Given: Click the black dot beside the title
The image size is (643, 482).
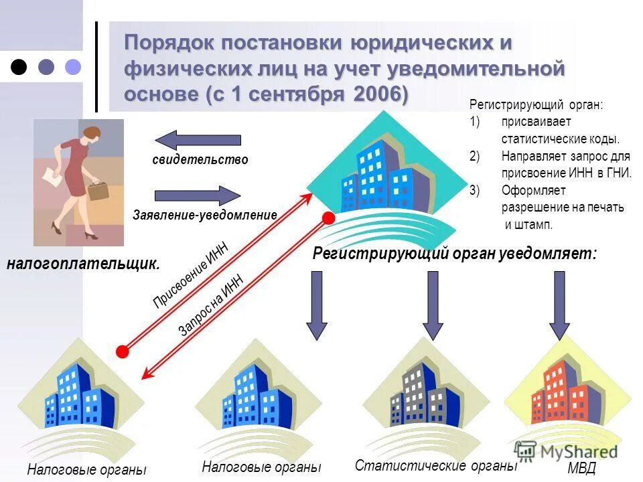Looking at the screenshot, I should (20, 66).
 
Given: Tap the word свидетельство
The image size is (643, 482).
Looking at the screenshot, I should (200, 160).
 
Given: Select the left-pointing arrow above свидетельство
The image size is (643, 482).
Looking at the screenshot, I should (198, 140).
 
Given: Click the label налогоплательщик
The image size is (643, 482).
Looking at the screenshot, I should (84, 264).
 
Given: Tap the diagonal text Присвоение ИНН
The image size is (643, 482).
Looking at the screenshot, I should (191, 275).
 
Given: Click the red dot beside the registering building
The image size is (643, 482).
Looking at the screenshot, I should (328, 218).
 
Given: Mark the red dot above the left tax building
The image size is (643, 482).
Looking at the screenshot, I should (123, 351).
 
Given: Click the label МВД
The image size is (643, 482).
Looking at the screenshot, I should (581, 468).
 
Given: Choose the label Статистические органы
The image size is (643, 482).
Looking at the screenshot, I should (436, 465).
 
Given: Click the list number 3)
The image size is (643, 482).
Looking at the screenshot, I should (475, 191).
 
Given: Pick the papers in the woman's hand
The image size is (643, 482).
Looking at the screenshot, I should (52, 177).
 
